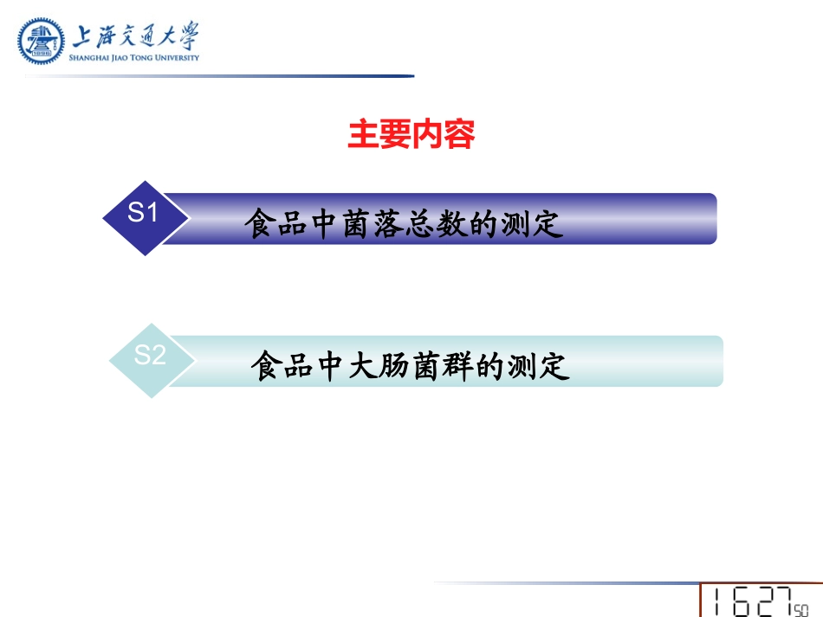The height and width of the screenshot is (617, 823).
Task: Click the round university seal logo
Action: click(x=42, y=42)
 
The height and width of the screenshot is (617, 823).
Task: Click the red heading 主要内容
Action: click(x=411, y=135)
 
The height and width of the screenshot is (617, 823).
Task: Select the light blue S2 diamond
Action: click(x=151, y=358)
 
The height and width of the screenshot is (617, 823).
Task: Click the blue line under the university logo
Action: click(x=217, y=76)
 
